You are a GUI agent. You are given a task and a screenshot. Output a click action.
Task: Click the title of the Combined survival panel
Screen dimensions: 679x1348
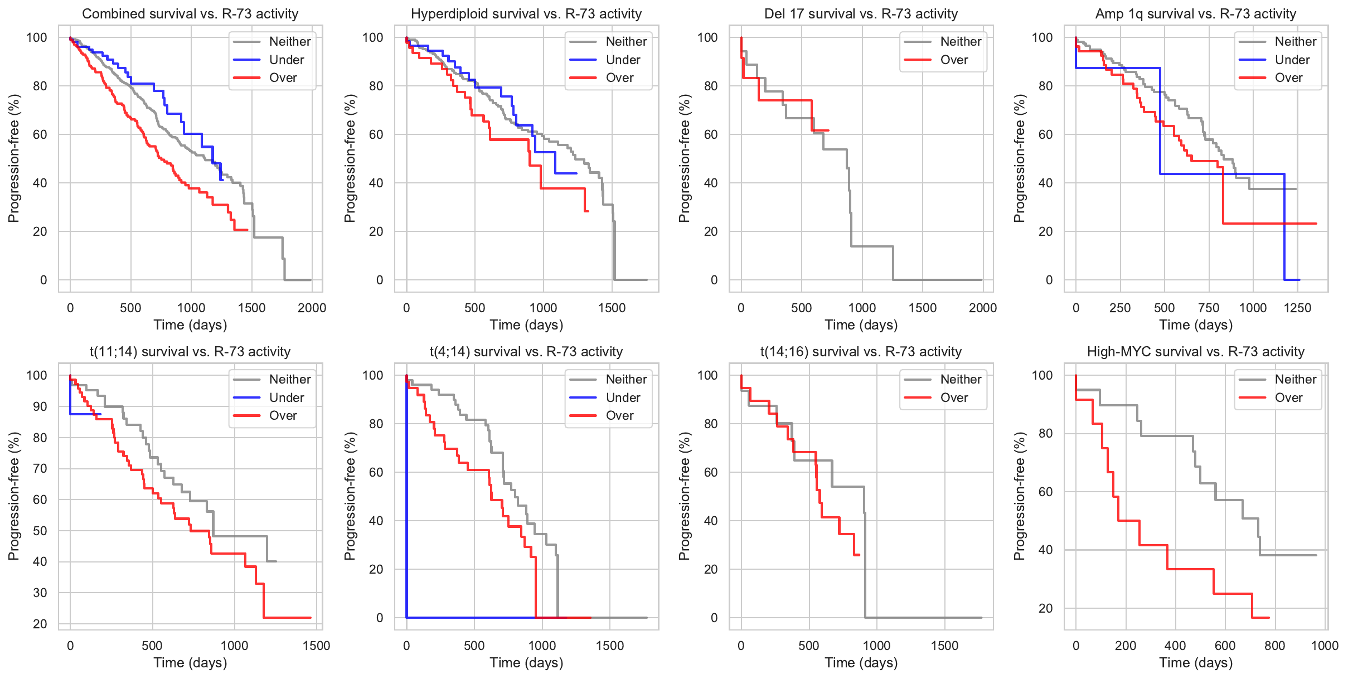(x=190, y=14)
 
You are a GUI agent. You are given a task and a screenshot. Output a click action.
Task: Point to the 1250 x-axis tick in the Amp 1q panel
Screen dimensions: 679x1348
(x=1297, y=308)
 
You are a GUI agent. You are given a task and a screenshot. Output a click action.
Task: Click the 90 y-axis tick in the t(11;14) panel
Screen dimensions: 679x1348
(x=40, y=406)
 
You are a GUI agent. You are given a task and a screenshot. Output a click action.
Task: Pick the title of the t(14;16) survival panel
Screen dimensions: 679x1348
(x=861, y=352)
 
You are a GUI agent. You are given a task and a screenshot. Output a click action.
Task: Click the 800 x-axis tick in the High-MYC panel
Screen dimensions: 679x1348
(x=1274, y=646)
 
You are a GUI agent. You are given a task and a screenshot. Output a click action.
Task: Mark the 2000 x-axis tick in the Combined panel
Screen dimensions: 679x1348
(x=312, y=308)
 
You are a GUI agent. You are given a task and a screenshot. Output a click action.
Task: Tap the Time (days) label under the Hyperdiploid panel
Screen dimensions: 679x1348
(x=526, y=325)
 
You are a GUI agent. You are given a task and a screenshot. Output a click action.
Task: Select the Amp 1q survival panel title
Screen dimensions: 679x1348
(x=1195, y=14)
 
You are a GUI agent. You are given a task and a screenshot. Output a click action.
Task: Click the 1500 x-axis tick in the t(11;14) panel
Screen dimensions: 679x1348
(x=316, y=646)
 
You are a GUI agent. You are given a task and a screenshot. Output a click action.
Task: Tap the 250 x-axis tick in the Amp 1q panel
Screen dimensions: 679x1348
(x=1119, y=308)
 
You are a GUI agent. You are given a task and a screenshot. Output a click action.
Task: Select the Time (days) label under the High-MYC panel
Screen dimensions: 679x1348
(x=1195, y=663)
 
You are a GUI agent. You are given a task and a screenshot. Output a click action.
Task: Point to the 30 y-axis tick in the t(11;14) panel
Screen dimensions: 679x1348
(x=40, y=593)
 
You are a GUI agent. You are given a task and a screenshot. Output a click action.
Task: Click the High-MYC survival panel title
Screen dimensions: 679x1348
(x=1195, y=352)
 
